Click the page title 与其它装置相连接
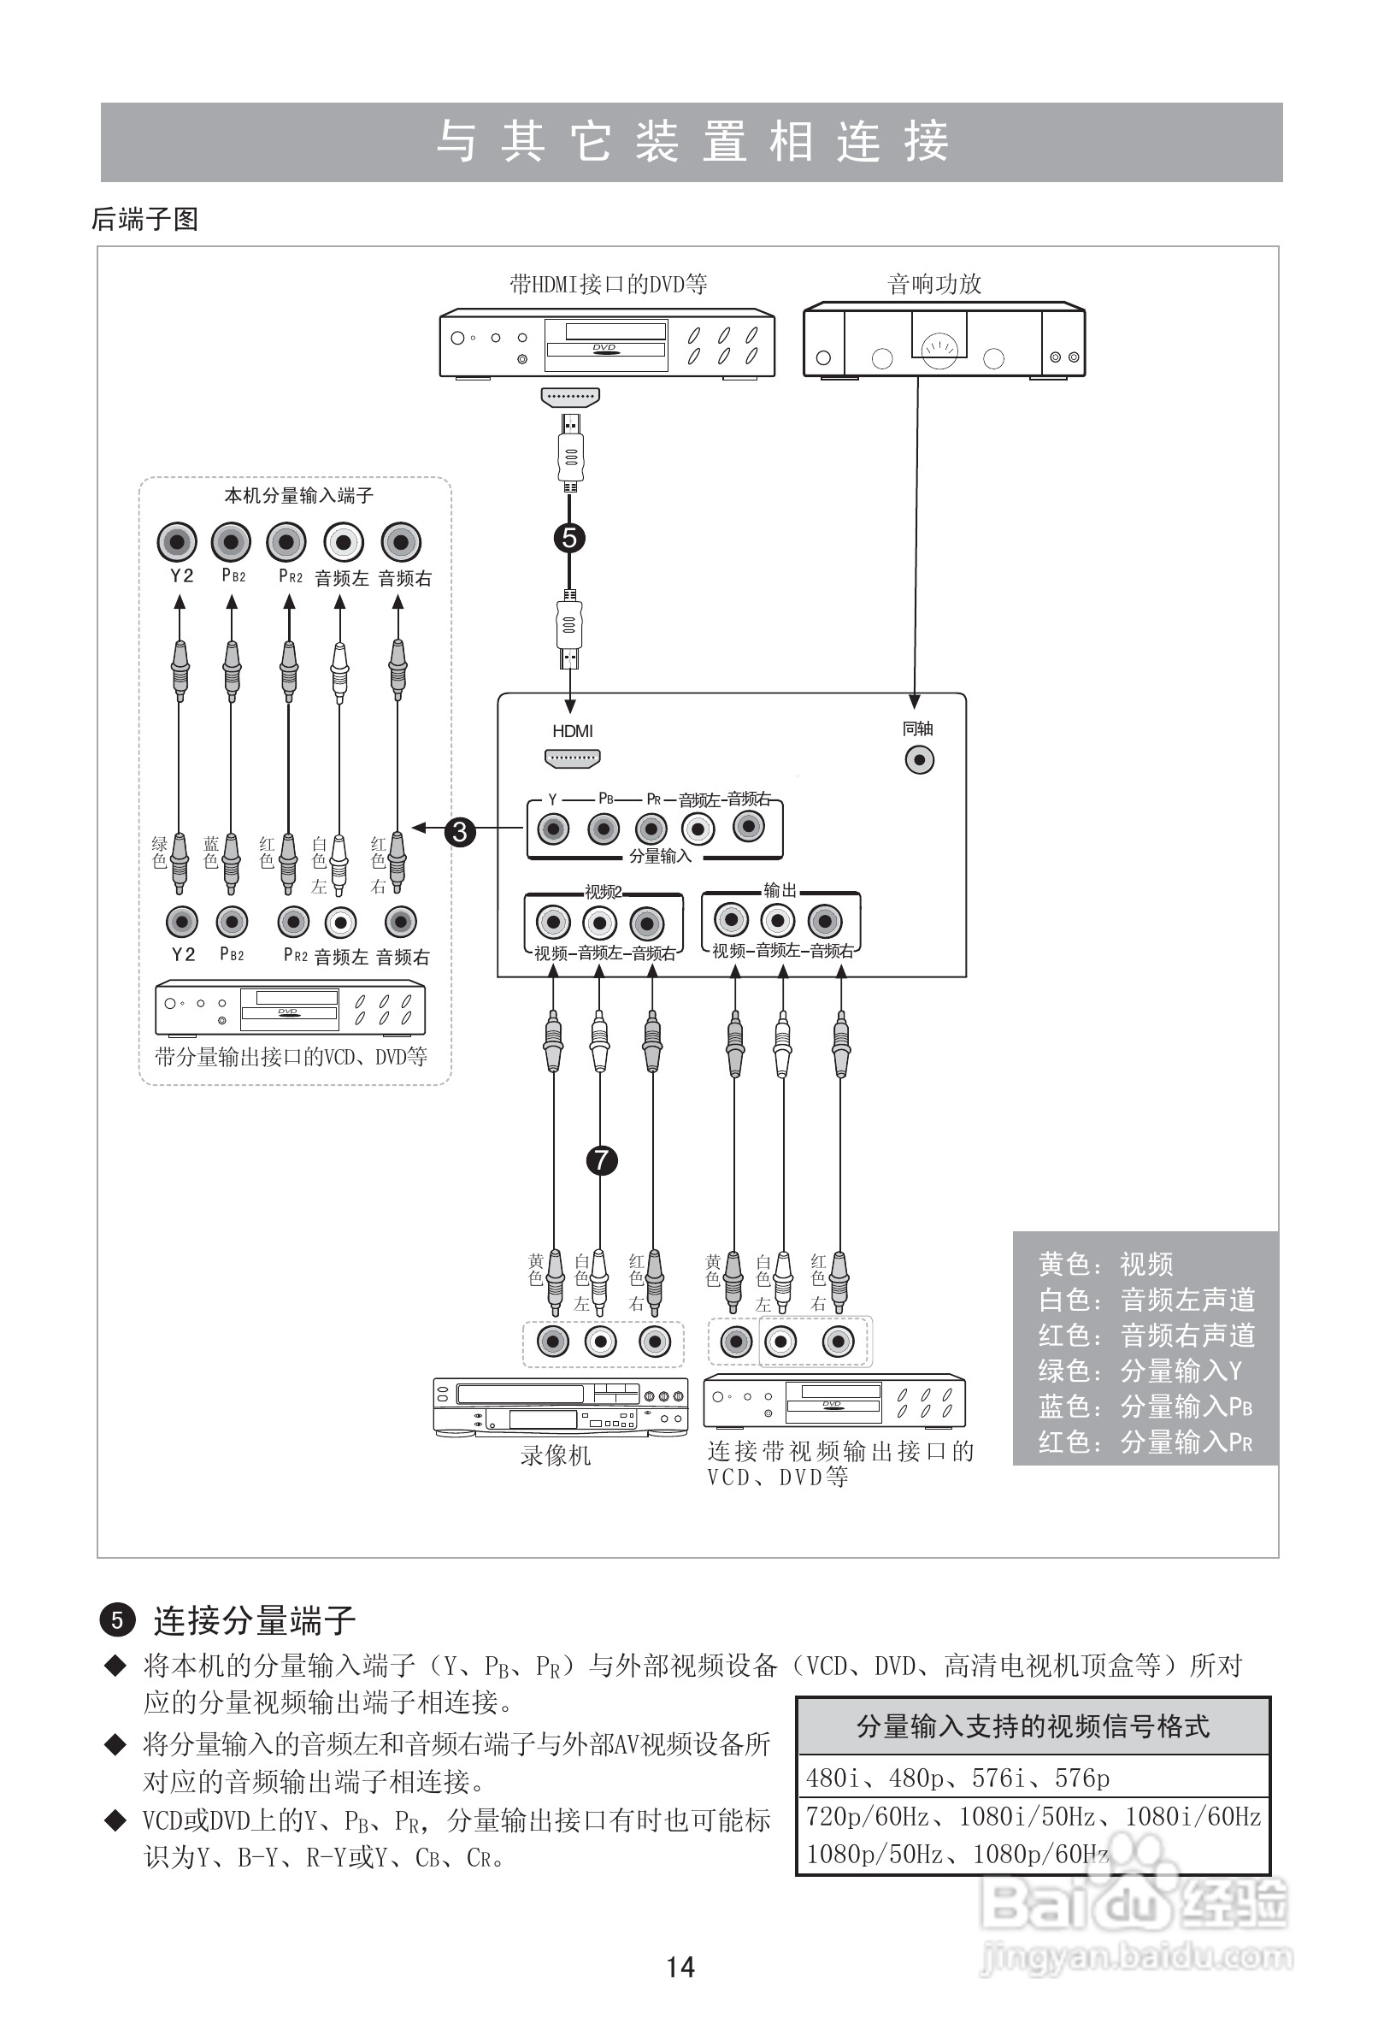click(x=692, y=142)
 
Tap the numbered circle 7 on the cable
click(x=601, y=1160)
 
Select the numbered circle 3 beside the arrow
click(x=460, y=831)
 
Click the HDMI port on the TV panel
click(x=572, y=758)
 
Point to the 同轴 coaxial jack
click(x=919, y=759)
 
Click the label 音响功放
click(x=934, y=284)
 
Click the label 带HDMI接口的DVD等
click(x=609, y=284)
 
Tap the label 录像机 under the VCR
click(x=555, y=1455)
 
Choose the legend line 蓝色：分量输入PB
click(x=1145, y=1407)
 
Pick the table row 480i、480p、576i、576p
click(x=957, y=1778)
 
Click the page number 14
click(x=680, y=1967)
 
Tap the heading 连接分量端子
click(x=254, y=1621)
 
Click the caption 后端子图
click(x=144, y=219)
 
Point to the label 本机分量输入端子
click(x=298, y=496)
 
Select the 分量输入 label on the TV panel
click(x=660, y=857)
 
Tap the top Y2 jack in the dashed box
click(x=178, y=542)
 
